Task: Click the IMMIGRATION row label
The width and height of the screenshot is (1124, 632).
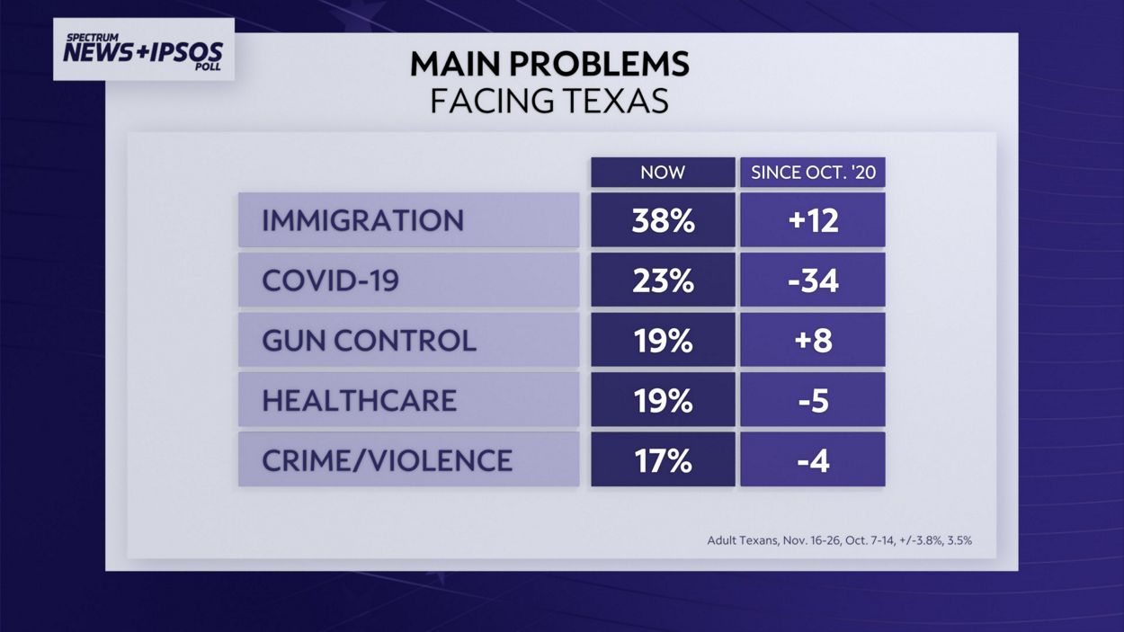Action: coord(362,220)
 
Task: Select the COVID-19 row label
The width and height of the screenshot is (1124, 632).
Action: coord(330,280)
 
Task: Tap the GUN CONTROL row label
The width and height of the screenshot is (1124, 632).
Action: coord(369,341)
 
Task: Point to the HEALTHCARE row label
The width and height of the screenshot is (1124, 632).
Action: coord(359,400)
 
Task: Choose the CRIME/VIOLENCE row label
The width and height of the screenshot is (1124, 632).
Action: coord(387,460)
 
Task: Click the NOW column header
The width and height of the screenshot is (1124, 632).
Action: coord(663,173)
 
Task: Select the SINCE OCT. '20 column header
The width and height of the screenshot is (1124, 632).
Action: coord(813,173)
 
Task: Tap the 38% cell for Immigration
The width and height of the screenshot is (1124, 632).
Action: coord(663,220)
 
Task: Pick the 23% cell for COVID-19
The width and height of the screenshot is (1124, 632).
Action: coord(663,280)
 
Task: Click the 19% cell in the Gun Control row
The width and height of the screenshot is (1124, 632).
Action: coord(663,341)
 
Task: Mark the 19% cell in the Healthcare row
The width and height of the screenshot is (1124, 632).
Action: coord(663,400)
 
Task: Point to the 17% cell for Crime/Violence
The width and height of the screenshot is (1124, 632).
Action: coord(663,460)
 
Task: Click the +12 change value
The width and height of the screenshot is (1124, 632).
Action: coord(813,220)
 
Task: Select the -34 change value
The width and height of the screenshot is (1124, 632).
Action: coord(813,280)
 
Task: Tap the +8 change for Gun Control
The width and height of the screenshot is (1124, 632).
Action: coord(813,341)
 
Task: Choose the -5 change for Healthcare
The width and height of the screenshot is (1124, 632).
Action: coord(813,400)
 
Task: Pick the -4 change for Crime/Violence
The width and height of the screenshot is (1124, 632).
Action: coord(813,460)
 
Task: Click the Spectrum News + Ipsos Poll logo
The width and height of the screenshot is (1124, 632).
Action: coord(144,49)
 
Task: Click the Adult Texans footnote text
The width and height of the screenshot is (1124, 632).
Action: coord(839,540)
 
